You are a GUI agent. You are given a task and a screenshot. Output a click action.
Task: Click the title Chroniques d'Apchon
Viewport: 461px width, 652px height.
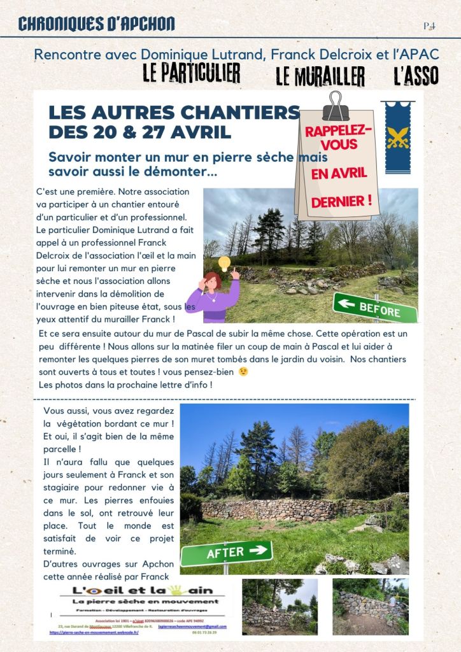pyautogui.click(x=96, y=24)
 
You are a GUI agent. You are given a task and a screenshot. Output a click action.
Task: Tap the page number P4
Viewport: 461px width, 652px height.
pyautogui.click(x=429, y=26)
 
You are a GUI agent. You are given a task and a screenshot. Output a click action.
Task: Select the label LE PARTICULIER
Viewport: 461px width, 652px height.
pyautogui.click(x=191, y=73)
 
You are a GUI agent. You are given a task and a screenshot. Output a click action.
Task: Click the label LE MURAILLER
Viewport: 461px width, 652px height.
pyautogui.click(x=320, y=76)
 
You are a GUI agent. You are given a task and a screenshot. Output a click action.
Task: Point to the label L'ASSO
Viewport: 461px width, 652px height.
pyautogui.click(x=416, y=76)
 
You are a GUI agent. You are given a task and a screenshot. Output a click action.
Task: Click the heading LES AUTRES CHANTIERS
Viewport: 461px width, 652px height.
pyautogui.click(x=174, y=113)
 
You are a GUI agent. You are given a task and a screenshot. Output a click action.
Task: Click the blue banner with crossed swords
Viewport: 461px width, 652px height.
pyautogui.click(x=398, y=137)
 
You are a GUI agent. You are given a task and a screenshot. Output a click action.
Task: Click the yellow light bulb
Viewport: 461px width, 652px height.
pyautogui.click(x=224, y=263)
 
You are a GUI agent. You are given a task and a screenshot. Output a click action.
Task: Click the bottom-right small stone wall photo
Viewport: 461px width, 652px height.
pyautogui.click(x=371, y=606)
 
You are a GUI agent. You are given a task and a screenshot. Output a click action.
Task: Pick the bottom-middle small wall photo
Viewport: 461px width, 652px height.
pyautogui.click(x=280, y=606)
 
